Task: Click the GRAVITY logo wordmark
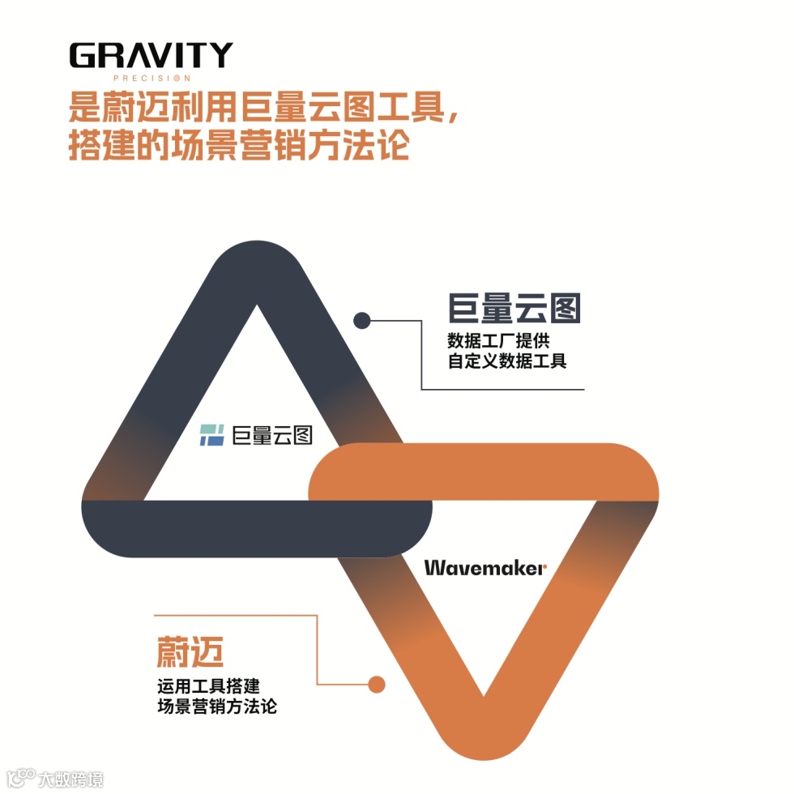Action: (151, 55)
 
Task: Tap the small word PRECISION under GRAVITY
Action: (151, 79)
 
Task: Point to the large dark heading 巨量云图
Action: (515, 308)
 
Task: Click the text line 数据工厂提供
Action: (499, 339)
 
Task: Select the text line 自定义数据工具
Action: (507, 361)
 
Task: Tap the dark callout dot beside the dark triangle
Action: (362, 321)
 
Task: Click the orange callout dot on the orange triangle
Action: (376, 685)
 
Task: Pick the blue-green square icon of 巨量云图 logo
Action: (211, 435)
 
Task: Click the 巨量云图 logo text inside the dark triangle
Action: (272, 435)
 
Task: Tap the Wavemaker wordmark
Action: (484, 568)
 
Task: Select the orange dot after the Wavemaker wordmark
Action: (545, 569)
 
